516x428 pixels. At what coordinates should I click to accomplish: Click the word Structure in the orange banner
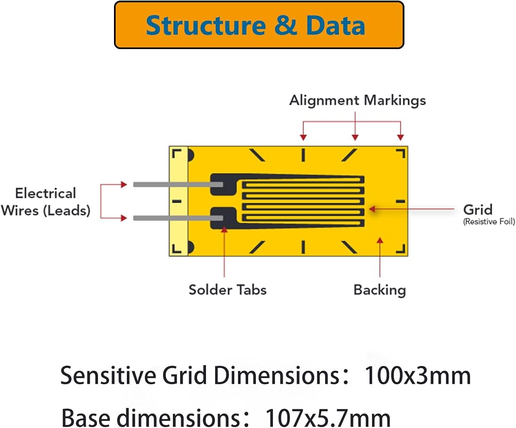tap(206, 25)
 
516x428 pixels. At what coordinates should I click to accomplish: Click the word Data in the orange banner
tap(335, 25)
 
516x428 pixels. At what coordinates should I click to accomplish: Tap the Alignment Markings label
tap(358, 101)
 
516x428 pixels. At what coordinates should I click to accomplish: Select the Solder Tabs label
tap(228, 290)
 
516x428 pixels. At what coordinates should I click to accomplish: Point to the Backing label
tap(379, 290)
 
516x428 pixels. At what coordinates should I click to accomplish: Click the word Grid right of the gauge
tap(477, 209)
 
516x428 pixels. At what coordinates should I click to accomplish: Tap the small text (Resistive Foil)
tap(489, 221)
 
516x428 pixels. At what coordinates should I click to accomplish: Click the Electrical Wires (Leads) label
tap(45, 202)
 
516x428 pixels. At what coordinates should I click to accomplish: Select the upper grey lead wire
tap(178, 185)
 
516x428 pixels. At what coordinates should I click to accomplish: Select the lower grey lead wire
tap(178, 218)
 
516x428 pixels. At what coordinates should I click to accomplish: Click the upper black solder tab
tap(223, 185)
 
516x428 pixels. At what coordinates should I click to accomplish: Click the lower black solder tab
tap(223, 218)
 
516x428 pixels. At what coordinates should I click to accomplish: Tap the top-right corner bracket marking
tap(401, 153)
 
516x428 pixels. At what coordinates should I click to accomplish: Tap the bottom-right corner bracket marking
tap(401, 249)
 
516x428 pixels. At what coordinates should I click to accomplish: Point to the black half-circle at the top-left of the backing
tap(190, 155)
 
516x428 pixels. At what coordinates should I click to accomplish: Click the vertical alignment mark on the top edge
tap(303, 155)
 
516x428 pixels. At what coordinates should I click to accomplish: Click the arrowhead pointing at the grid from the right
tap(372, 208)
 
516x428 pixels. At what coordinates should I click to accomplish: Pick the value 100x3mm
tap(417, 375)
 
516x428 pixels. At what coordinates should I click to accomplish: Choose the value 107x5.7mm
tap(328, 418)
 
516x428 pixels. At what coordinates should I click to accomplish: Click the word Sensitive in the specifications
tap(108, 375)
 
